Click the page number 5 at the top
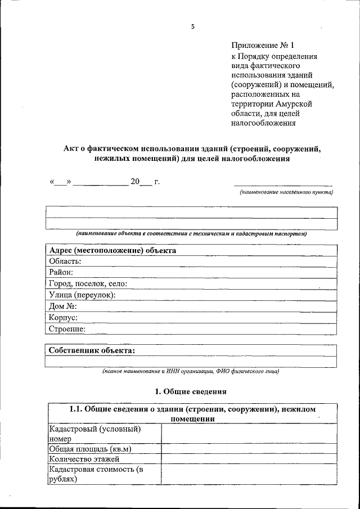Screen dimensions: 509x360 click(192, 26)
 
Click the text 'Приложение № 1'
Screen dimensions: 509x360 click(263, 46)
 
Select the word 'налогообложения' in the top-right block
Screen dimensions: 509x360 click(263, 123)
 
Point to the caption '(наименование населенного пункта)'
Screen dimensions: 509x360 click(285, 192)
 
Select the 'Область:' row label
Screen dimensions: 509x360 click(65, 261)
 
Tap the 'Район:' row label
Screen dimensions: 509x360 click(61, 272)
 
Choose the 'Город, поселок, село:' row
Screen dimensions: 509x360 click(88, 283)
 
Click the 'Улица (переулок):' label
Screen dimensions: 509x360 click(82, 295)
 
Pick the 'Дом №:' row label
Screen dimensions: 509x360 click(62, 307)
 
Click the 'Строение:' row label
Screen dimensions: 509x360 click(67, 329)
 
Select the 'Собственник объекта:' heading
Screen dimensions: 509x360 click(92, 350)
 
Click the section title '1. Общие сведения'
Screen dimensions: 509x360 click(191, 391)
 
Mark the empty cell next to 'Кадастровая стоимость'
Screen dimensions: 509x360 click(249, 474)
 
